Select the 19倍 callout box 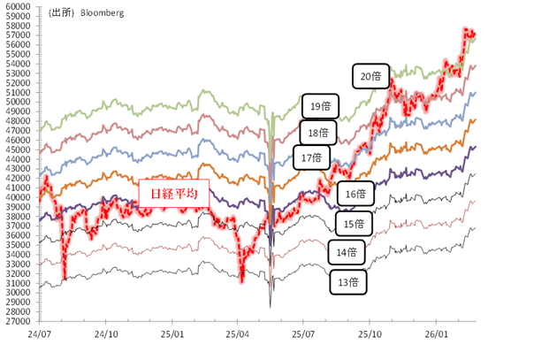click(x=318, y=106)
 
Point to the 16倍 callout click(x=355, y=194)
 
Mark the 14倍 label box click(x=346, y=252)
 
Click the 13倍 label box click(x=348, y=282)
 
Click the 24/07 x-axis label click(x=39, y=335)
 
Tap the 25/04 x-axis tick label click(x=236, y=335)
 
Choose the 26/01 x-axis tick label click(x=434, y=335)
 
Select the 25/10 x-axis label click(x=369, y=335)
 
